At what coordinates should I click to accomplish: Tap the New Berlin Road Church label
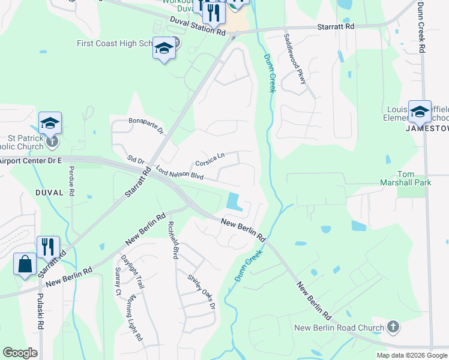tap(339, 328)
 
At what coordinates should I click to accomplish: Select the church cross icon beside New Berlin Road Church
tap(393, 326)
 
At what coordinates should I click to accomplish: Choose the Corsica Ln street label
tap(209, 160)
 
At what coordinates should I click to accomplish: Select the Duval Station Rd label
tap(197, 26)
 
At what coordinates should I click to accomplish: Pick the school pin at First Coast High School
tap(163, 48)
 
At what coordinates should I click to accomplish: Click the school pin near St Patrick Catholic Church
tap(50, 123)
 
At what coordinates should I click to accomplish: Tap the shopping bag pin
tap(25, 264)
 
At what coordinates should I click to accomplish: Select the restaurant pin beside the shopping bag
tap(48, 246)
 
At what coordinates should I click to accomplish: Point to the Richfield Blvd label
tap(174, 240)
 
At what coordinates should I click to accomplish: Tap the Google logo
tap(20, 353)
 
